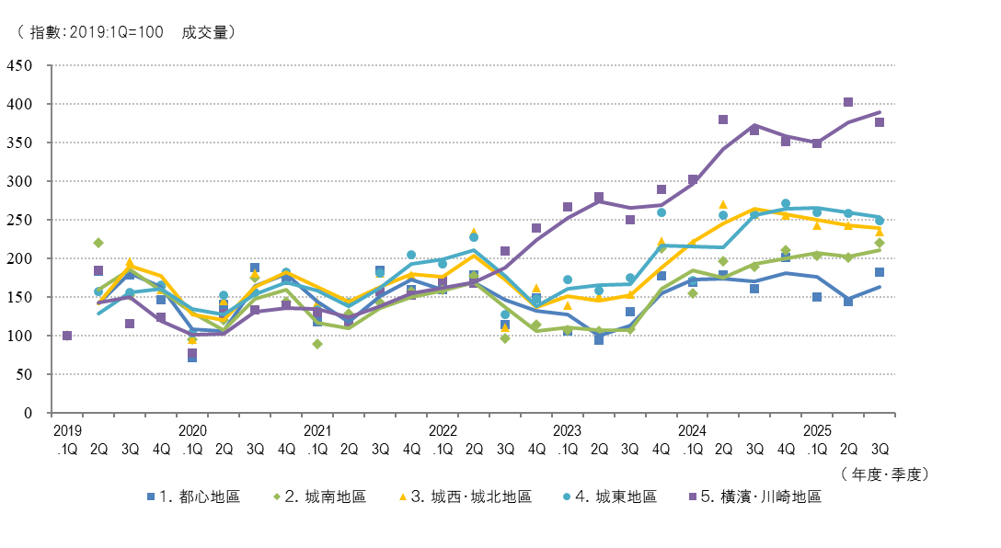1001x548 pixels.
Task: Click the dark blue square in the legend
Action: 151,497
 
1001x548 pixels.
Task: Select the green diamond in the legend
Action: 277,497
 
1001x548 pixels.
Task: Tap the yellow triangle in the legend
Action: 402,497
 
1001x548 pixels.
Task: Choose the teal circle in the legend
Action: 567,497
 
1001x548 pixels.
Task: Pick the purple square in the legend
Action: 693,497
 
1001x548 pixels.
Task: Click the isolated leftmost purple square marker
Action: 67,336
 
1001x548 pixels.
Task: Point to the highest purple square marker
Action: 848,102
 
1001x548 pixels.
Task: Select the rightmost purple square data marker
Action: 880,122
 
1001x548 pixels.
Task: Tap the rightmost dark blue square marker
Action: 880,272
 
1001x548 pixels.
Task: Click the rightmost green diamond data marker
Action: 880,243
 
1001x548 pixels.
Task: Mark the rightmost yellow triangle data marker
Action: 880,231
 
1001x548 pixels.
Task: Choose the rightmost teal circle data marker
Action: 880,221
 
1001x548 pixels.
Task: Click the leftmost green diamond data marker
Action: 98,243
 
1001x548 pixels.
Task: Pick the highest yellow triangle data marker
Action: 723,204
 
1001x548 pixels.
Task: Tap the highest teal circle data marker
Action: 786,203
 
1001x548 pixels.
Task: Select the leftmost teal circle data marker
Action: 98,292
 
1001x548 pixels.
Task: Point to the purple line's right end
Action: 880,112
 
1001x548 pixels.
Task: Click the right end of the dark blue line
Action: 880,287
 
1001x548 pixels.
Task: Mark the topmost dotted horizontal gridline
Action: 473,65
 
